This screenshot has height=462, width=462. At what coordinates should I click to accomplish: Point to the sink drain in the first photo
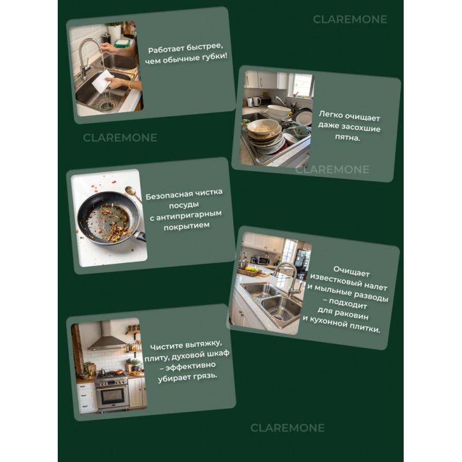click(x=107, y=106)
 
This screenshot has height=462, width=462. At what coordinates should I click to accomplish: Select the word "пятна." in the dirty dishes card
click(x=348, y=137)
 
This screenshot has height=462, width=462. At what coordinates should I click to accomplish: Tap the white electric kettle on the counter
click(x=257, y=101)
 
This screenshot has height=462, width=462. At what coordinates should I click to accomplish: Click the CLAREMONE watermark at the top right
click(x=350, y=20)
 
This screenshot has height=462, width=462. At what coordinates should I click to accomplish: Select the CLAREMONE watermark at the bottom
click(x=287, y=428)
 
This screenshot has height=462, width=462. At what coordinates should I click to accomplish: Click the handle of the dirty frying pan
click(x=139, y=236)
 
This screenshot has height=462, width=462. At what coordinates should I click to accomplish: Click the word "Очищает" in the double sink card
click(x=351, y=271)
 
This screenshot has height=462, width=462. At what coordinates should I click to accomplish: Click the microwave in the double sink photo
click(x=263, y=260)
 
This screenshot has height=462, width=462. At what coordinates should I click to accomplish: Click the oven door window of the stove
click(x=113, y=396)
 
